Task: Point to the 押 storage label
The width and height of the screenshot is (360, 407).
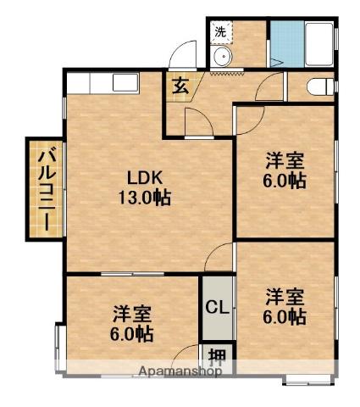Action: [217, 355]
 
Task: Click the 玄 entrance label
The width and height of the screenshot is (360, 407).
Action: [182, 85]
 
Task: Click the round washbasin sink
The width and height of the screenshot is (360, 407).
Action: [223, 58]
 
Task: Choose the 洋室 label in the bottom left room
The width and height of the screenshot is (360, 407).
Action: [132, 315]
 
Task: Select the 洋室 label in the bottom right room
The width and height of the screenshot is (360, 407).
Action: [285, 297]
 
